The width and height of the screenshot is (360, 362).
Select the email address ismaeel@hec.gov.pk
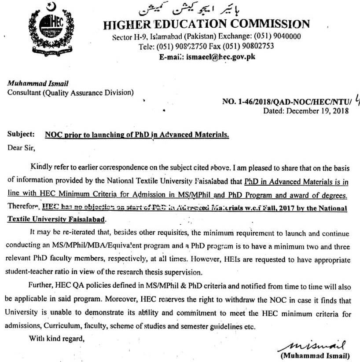tap(221, 56)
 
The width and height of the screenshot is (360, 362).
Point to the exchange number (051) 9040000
tap(277, 37)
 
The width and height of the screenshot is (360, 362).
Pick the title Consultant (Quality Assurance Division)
tap(70, 92)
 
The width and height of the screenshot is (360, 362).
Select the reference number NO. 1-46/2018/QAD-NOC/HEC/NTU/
tap(285, 102)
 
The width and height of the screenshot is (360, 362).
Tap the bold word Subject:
tap(21, 134)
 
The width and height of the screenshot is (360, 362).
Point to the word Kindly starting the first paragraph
tap(41, 167)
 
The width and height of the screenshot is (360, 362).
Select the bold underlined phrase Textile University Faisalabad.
tap(57, 218)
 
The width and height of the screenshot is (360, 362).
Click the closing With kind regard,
tap(55, 338)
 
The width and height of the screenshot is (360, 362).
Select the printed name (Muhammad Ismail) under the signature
tap(315, 355)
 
